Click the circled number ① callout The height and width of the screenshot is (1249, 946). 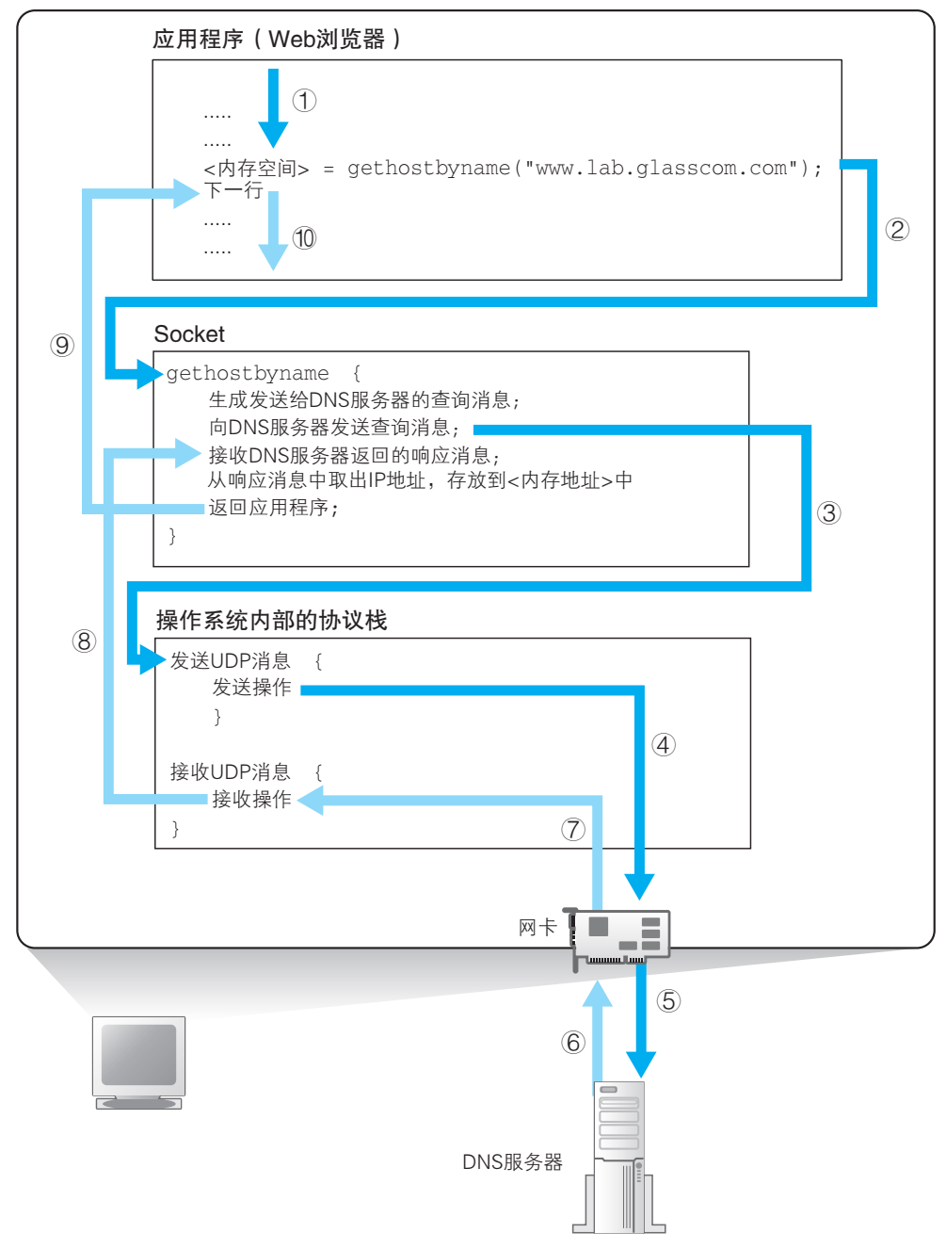click(x=304, y=100)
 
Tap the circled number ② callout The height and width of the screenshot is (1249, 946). click(x=897, y=229)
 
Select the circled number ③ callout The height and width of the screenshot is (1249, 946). click(x=829, y=512)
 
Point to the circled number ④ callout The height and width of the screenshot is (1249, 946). click(x=664, y=745)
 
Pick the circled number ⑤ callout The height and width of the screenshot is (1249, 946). click(x=668, y=1001)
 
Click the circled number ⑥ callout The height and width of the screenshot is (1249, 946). click(x=573, y=1043)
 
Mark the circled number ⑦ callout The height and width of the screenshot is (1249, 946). click(x=573, y=830)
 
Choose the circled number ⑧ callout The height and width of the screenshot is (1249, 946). click(x=84, y=641)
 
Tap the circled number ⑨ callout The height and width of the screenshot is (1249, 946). click(x=62, y=346)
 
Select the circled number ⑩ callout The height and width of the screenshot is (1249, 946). click(x=304, y=238)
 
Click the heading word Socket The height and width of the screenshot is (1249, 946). click(x=189, y=334)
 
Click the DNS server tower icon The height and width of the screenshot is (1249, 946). click(x=618, y=1157)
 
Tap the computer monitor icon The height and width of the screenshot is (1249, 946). click(x=138, y=1062)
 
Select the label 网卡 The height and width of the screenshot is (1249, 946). click(x=537, y=928)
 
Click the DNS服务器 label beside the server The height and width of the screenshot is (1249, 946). click(x=512, y=1162)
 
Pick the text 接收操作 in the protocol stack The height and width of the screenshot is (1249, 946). click(x=251, y=799)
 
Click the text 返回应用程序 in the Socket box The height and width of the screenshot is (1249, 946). click(x=268, y=507)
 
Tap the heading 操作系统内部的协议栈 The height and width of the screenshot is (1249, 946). click(x=272, y=620)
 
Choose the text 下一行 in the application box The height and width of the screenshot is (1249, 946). click(x=233, y=190)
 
